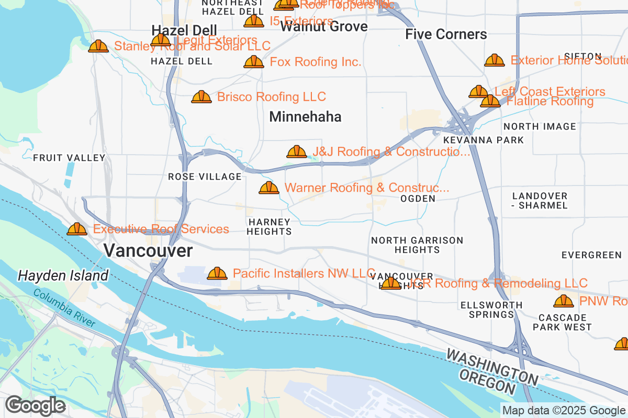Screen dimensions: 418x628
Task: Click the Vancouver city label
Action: (148, 251)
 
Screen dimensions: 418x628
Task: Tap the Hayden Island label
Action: (63, 275)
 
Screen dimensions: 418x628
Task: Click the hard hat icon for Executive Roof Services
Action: (77, 229)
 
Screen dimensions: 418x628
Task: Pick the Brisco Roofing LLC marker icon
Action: (201, 97)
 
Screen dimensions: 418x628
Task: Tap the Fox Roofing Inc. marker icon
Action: (254, 62)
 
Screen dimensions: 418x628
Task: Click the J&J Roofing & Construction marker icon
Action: (297, 152)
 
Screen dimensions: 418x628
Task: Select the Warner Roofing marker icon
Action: (269, 188)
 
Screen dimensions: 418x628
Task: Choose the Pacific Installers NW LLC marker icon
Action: (217, 273)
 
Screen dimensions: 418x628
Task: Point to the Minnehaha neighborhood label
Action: (305, 117)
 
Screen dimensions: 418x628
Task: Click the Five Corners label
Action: (446, 34)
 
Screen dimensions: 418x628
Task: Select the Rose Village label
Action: (205, 177)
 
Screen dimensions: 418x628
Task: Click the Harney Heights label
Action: (269, 227)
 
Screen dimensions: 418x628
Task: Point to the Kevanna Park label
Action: (483, 140)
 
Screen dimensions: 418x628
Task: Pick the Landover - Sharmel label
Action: (540, 201)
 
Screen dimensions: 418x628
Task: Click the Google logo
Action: (35, 405)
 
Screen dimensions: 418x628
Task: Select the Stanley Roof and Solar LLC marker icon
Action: (98, 47)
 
